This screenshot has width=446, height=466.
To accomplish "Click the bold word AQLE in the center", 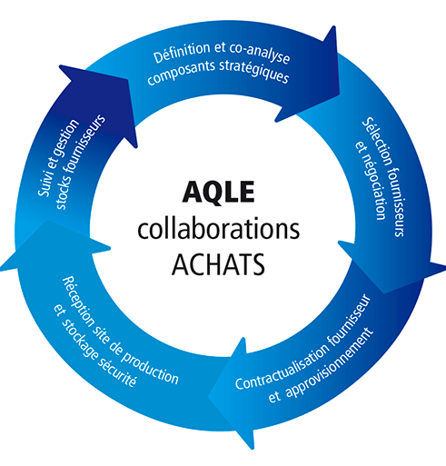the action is point(218,193).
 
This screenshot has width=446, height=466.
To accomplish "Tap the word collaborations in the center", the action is point(219,229).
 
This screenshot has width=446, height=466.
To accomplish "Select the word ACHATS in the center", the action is point(218,264).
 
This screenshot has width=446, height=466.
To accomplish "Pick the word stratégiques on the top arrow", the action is point(253,72).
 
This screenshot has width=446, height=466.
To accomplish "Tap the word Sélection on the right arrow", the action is point(378,142).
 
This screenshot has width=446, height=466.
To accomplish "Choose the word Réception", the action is point(78,302).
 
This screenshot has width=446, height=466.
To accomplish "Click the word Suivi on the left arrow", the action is point(45,183).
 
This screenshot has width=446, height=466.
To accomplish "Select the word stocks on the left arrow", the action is point(62,192).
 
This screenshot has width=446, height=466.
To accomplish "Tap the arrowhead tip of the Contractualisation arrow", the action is point(208,396).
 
